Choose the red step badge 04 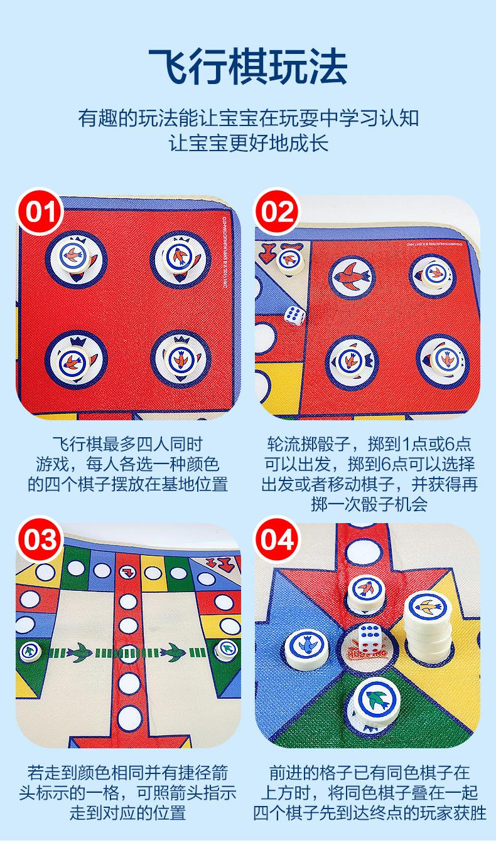[x=277, y=539]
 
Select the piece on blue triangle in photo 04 [x=308, y=649]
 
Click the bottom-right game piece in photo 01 [x=178, y=361]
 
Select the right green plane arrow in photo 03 [x=176, y=652]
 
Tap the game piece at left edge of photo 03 [x=29, y=650]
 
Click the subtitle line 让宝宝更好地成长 [x=248, y=142]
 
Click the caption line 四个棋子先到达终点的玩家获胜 [x=369, y=814]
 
